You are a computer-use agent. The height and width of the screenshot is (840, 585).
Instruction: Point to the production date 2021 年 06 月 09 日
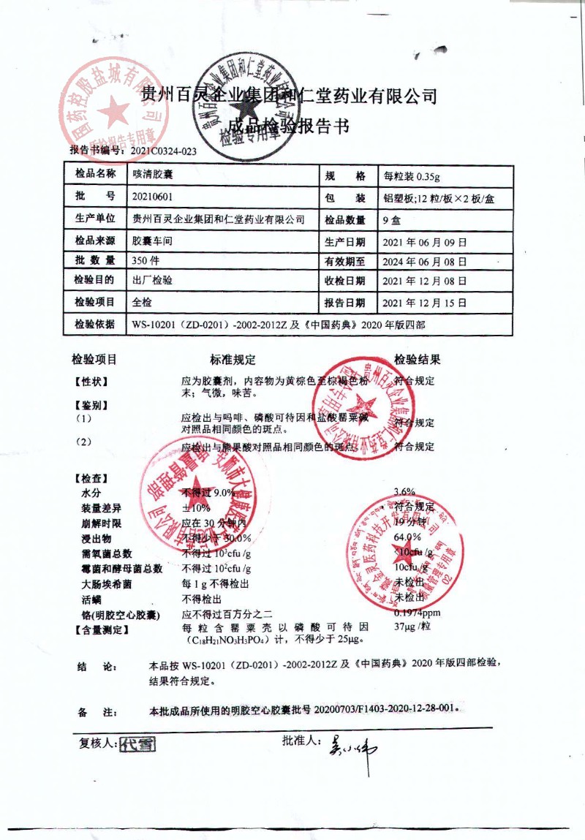click(x=425, y=241)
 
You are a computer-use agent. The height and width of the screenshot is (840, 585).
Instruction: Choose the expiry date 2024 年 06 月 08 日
click(x=425, y=261)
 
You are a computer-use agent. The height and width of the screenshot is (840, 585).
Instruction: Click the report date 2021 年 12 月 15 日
click(x=425, y=303)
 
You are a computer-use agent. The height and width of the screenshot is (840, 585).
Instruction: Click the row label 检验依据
click(x=95, y=323)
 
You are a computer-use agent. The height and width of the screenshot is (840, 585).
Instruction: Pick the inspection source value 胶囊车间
click(x=152, y=240)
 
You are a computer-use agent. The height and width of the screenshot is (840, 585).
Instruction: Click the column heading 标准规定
click(x=233, y=359)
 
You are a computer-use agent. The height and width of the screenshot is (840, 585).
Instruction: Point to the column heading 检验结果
click(x=417, y=359)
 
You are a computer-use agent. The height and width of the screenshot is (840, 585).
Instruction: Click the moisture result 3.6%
click(x=404, y=491)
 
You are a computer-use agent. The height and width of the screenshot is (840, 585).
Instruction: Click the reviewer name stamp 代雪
click(x=137, y=744)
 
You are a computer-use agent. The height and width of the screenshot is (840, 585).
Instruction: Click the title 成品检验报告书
click(x=289, y=126)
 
